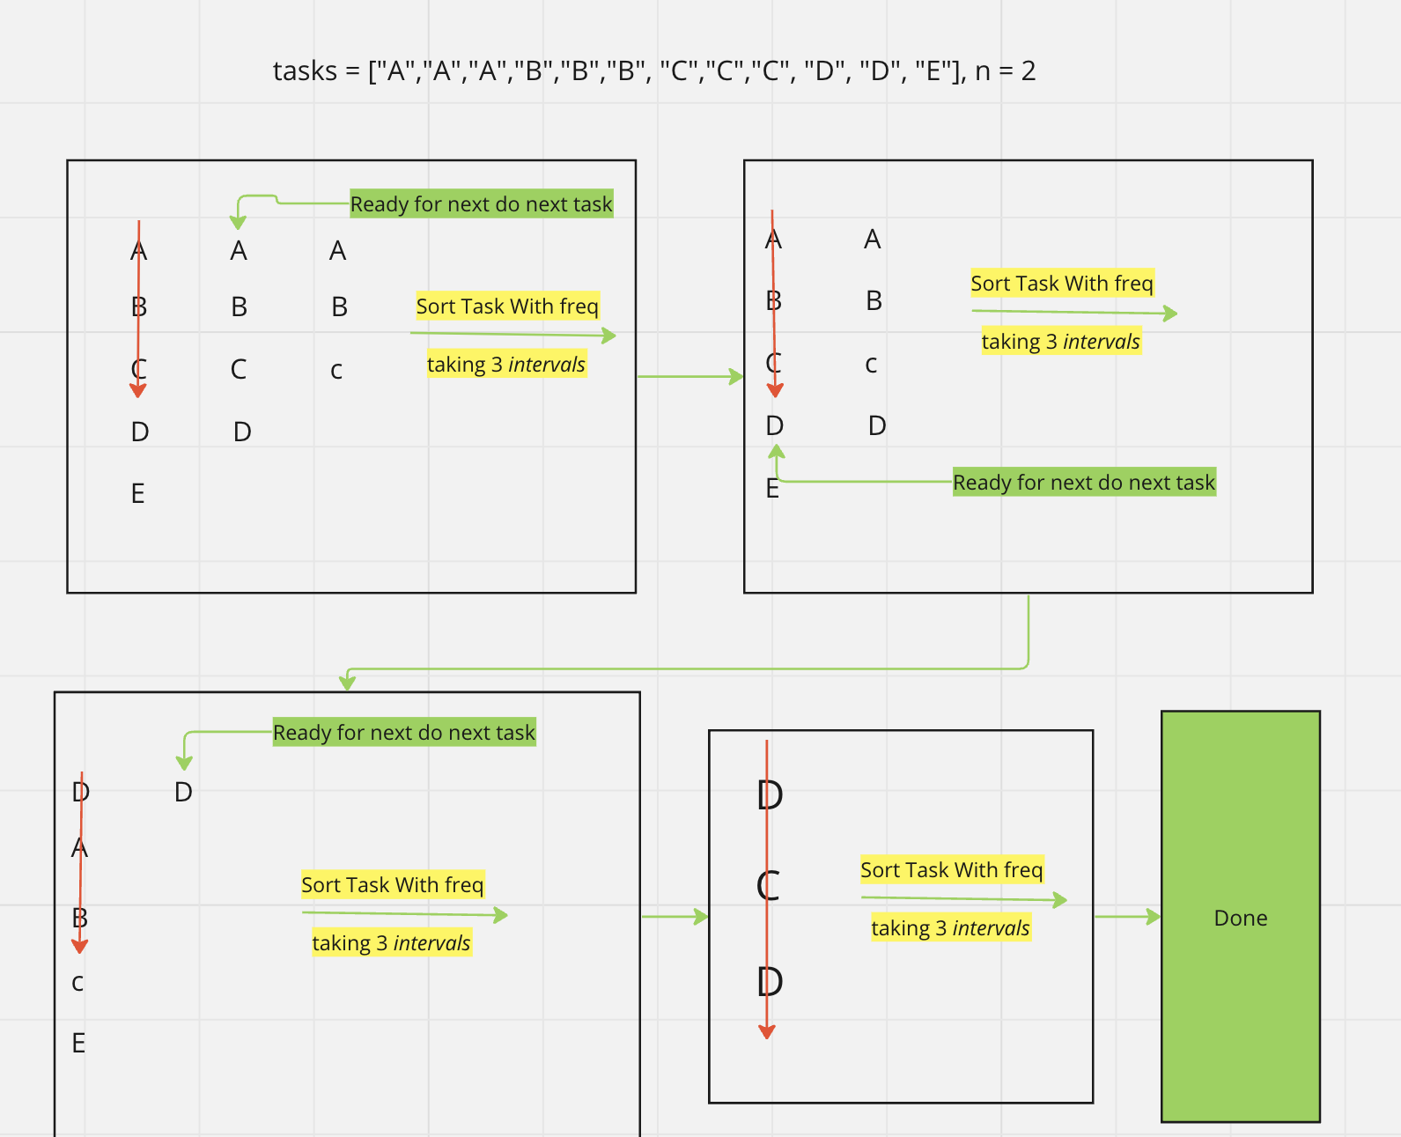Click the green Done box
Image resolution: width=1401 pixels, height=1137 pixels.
click(x=1240, y=916)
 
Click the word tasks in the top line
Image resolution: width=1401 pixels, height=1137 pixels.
click(x=305, y=70)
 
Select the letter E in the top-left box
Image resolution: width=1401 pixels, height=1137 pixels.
click(x=138, y=493)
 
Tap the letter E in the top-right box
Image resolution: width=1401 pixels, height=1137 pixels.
click(x=772, y=489)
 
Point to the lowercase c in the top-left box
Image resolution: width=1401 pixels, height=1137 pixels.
click(x=336, y=371)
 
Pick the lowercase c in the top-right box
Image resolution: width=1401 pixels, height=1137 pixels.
click(x=871, y=365)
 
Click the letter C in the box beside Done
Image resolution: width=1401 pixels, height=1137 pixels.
click(x=768, y=885)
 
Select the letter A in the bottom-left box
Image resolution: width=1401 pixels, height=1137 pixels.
click(x=79, y=848)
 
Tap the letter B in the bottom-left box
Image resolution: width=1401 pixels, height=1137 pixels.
click(x=79, y=918)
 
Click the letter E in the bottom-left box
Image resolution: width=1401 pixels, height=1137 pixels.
click(x=78, y=1044)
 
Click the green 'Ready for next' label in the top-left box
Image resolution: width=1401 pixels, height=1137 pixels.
click(x=481, y=204)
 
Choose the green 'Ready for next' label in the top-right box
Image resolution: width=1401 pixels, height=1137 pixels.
click(x=1084, y=483)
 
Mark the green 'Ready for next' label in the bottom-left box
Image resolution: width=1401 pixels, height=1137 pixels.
click(x=404, y=733)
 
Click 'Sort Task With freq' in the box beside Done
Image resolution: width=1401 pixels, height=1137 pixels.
click(x=951, y=870)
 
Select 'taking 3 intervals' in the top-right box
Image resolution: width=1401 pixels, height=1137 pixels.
click(x=1061, y=342)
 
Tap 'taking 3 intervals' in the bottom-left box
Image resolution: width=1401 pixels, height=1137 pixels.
click(x=391, y=943)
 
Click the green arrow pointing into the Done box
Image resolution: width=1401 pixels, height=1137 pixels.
click(x=1127, y=917)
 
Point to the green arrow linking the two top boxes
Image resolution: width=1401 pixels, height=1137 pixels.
click(x=690, y=377)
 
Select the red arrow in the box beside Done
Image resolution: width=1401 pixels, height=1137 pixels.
click(x=767, y=890)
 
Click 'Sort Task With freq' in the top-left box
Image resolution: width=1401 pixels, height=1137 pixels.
click(x=507, y=306)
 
